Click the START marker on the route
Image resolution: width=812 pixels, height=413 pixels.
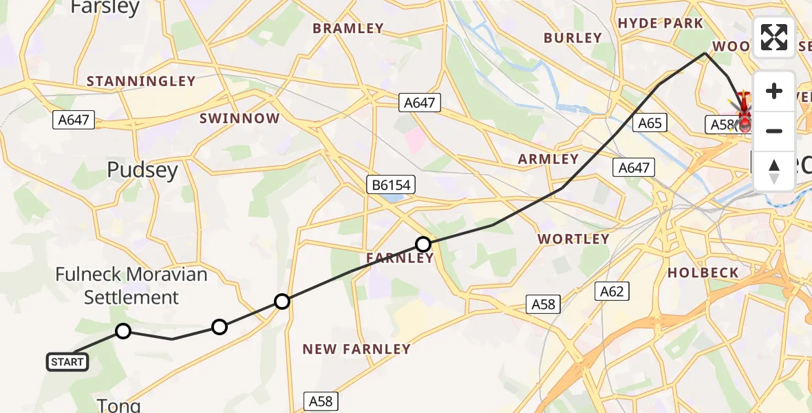pyautogui.click(x=67, y=361)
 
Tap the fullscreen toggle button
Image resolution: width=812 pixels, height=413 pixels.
pyautogui.click(x=774, y=37)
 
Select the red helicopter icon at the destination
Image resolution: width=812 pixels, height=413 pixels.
pyautogui.click(x=744, y=107)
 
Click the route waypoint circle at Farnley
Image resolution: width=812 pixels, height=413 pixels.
pyautogui.click(x=423, y=244)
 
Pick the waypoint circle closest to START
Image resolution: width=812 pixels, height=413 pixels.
pyautogui.click(x=122, y=331)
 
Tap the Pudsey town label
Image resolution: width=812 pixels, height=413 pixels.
pyautogui.click(x=142, y=170)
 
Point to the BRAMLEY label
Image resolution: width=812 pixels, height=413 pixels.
pyautogui.click(x=348, y=28)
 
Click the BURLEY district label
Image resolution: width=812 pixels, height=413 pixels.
pyautogui.click(x=573, y=38)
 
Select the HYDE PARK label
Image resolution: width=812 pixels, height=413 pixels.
pyautogui.click(x=661, y=23)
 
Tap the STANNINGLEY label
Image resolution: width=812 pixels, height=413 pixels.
pyautogui.click(x=141, y=81)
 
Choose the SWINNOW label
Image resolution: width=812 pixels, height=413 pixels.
pyautogui.click(x=239, y=118)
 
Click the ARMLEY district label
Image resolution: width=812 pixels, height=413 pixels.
pyautogui.click(x=548, y=159)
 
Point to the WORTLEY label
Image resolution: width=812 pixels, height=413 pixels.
pyautogui.click(x=573, y=239)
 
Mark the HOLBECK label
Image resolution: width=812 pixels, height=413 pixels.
pyautogui.click(x=703, y=273)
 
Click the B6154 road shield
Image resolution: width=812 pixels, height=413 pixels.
pyautogui.click(x=390, y=184)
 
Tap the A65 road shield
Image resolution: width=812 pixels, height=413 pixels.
pyautogui.click(x=650, y=123)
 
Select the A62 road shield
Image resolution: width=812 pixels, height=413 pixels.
pyautogui.click(x=611, y=291)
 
